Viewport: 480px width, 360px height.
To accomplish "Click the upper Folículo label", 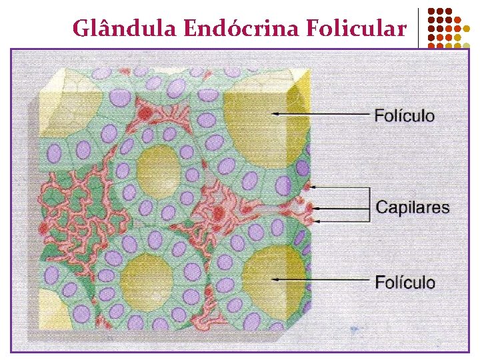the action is (x=404, y=115).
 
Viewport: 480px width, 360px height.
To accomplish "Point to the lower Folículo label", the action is (x=405, y=282).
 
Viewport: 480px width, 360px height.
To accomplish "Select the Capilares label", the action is (x=413, y=207).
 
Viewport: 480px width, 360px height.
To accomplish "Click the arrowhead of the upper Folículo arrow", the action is (x=275, y=115).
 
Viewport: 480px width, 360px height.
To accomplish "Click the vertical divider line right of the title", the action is (x=419, y=28).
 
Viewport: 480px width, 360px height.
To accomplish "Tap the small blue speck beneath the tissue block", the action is (x=355, y=329).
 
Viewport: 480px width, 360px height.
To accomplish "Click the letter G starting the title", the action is (x=80, y=29).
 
